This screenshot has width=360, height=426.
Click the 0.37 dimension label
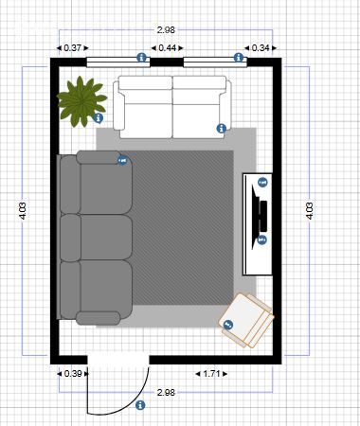pos(72,48)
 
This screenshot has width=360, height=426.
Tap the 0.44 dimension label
pos(167,48)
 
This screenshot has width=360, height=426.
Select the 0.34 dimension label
pos(261,48)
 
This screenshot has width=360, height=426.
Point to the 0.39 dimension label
pos(73,374)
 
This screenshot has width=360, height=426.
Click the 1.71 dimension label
pos(211,374)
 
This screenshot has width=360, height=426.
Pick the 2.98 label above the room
pos(166,30)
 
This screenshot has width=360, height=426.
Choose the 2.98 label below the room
pos(166,393)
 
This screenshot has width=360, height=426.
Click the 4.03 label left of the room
pos(23,211)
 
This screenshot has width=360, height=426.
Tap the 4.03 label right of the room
pos(310,211)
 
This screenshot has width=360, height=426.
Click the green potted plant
pos(81,101)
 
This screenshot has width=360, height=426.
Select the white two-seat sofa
pos(172,107)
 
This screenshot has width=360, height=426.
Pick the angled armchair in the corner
pos(246,320)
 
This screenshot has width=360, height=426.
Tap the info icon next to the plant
pos(99,118)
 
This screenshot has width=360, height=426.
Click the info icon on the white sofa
pos(222,129)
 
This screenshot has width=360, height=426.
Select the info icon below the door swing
pos(140,405)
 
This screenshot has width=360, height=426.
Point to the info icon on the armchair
pos(228,325)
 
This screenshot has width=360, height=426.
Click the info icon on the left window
pos(142,58)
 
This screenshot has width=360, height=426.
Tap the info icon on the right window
pos(239,58)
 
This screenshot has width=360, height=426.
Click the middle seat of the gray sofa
pos(96,238)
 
